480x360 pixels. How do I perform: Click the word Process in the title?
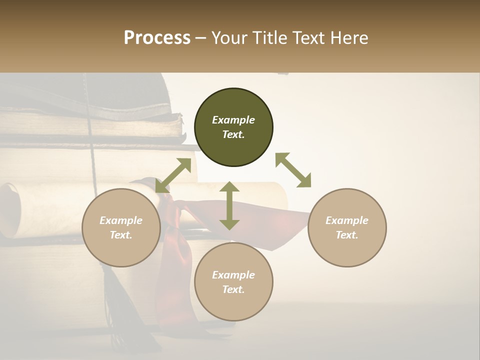click(x=157, y=38)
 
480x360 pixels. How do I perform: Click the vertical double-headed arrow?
click(x=229, y=205)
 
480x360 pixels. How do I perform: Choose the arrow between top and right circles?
click(x=293, y=170)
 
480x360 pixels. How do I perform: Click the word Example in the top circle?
click(x=233, y=120)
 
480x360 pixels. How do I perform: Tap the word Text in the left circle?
click(x=121, y=235)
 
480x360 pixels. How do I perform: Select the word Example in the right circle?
click(x=347, y=220)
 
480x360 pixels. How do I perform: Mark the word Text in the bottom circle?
click(x=233, y=289)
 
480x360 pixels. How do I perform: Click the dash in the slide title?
click(x=201, y=38)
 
